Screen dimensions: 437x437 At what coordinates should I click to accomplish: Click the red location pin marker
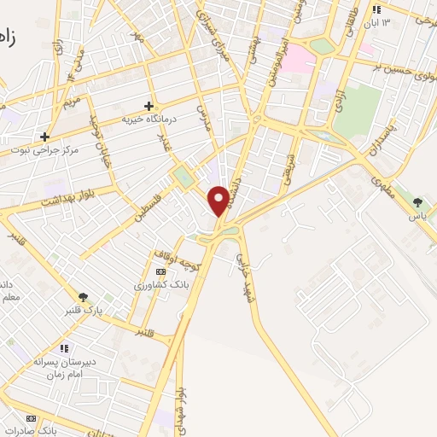(218, 201)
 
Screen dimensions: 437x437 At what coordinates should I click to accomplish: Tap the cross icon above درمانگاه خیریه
(149, 106)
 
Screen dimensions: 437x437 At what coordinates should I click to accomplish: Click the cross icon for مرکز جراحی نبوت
(44, 136)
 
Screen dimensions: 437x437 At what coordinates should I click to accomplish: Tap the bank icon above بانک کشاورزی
(161, 271)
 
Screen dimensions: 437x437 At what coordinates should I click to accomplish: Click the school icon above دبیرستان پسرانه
(64, 347)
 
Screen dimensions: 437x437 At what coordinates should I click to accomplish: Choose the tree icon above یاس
(417, 202)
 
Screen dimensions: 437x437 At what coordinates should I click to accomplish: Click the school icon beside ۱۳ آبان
(375, 9)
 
